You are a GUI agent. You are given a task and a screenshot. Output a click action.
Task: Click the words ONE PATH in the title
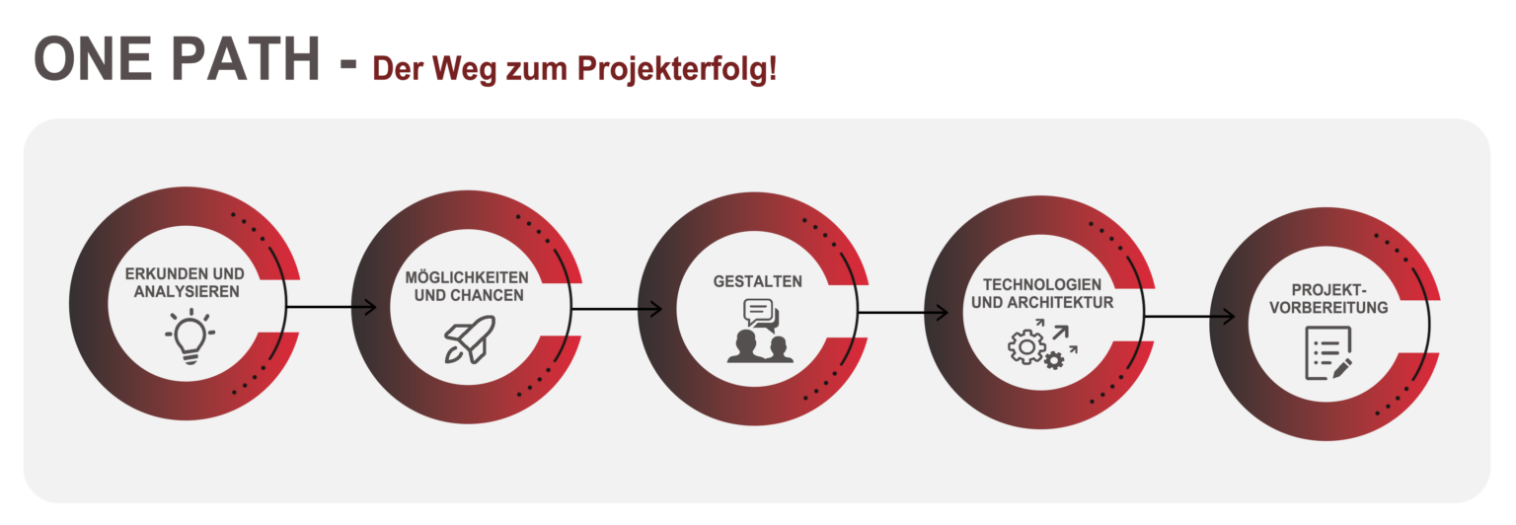pyautogui.click(x=177, y=59)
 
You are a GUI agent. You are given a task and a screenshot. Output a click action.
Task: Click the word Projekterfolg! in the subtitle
pyautogui.click(x=677, y=69)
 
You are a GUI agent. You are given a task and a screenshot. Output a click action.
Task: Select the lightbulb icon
pyautogui.click(x=190, y=337)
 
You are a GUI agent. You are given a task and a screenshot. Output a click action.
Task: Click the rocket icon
pyautogui.click(x=470, y=339)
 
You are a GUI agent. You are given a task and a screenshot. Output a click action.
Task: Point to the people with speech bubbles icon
pyautogui.click(x=760, y=331)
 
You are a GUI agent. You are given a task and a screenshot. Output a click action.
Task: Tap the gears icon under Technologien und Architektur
pyautogui.click(x=1042, y=344)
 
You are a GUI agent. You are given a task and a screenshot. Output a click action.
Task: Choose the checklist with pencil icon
pyautogui.click(x=1328, y=353)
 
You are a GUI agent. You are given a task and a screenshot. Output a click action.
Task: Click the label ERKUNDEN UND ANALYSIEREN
pyautogui.click(x=185, y=283)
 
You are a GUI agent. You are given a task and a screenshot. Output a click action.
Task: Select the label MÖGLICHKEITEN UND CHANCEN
pyautogui.click(x=467, y=286)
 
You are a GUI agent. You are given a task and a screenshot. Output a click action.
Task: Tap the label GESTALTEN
pyautogui.click(x=757, y=281)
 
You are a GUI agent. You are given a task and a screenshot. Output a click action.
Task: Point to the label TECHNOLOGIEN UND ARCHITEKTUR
pyautogui.click(x=1042, y=294)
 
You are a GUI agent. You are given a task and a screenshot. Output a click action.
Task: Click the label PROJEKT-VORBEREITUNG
pyautogui.click(x=1328, y=299)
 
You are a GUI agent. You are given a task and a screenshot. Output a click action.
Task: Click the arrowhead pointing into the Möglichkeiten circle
pyautogui.click(x=369, y=307)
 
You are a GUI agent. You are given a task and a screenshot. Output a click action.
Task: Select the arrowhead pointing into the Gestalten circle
pyautogui.click(x=655, y=310)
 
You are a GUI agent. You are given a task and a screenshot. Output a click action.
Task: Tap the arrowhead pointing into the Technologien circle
pyautogui.click(x=942, y=313)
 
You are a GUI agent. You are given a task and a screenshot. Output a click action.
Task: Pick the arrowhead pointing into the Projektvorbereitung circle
pyautogui.click(x=1228, y=317)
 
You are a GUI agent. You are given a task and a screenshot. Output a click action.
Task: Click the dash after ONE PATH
pyautogui.click(x=348, y=64)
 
